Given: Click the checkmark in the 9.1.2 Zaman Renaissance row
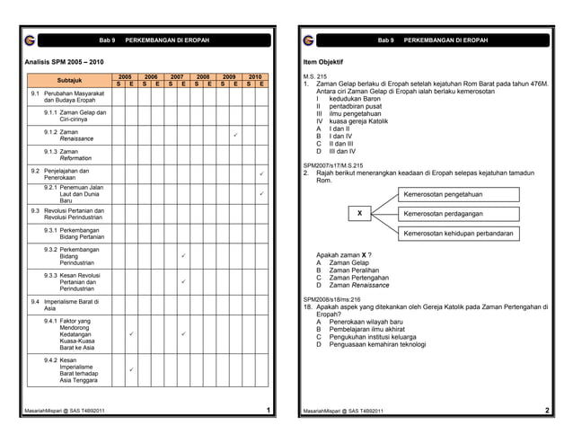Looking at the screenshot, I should [x=234, y=136].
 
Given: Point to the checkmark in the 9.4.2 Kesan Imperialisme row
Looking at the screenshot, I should [x=130, y=369].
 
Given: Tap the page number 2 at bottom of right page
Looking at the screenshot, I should [x=547, y=411].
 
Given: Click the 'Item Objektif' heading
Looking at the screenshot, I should [x=324, y=61].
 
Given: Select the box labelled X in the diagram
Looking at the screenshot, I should [x=359, y=214].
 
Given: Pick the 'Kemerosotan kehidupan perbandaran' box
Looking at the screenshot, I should [x=458, y=234].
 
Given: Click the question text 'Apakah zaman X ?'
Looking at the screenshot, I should [x=345, y=254].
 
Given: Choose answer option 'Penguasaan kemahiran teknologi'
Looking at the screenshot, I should [x=377, y=344].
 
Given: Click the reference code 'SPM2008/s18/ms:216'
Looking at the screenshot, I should [x=331, y=298].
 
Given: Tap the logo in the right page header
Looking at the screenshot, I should [x=308, y=40].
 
